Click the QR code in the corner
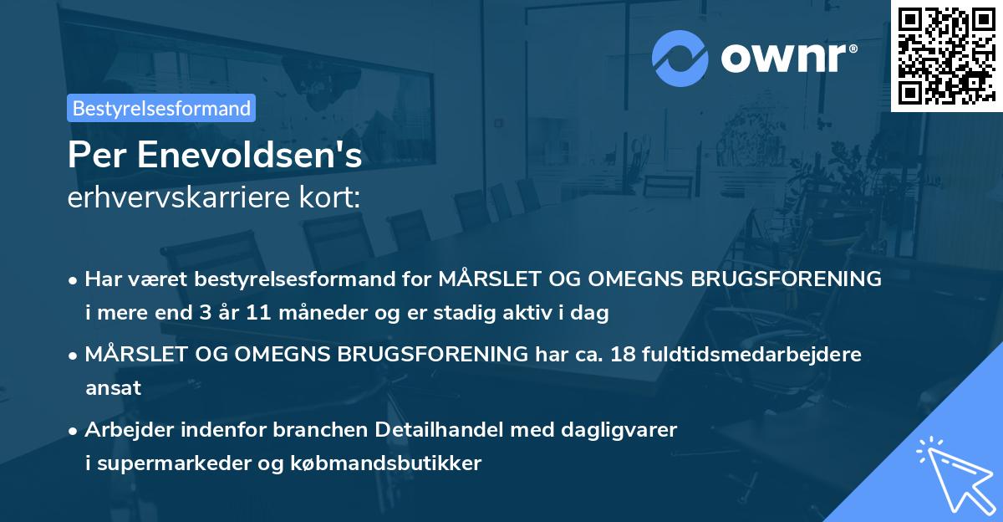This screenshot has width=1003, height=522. click(946, 56)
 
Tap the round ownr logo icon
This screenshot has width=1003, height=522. click(680, 58)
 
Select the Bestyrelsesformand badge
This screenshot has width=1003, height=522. click(161, 108)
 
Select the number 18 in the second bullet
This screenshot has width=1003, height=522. click(623, 354)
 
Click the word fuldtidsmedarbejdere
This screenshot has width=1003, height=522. click(751, 354)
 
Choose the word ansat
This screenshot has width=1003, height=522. click(114, 387)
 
